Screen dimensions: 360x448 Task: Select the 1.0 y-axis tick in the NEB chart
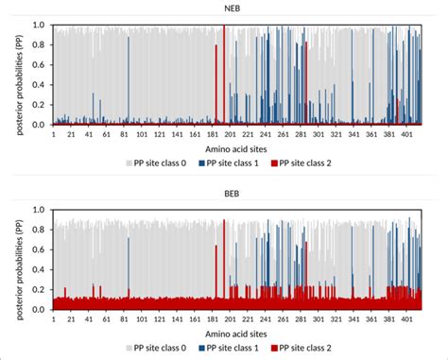(x=38, y=25)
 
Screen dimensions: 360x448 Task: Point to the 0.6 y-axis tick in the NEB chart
(x=38, y=64)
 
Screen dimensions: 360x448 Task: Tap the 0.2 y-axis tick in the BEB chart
(x=38, y=290)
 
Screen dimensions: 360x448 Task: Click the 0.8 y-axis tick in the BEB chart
(x=38, y=230)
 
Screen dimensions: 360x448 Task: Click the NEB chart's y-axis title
(x=19, y=76)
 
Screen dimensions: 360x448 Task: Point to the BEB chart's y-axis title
(x=19, y=260)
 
